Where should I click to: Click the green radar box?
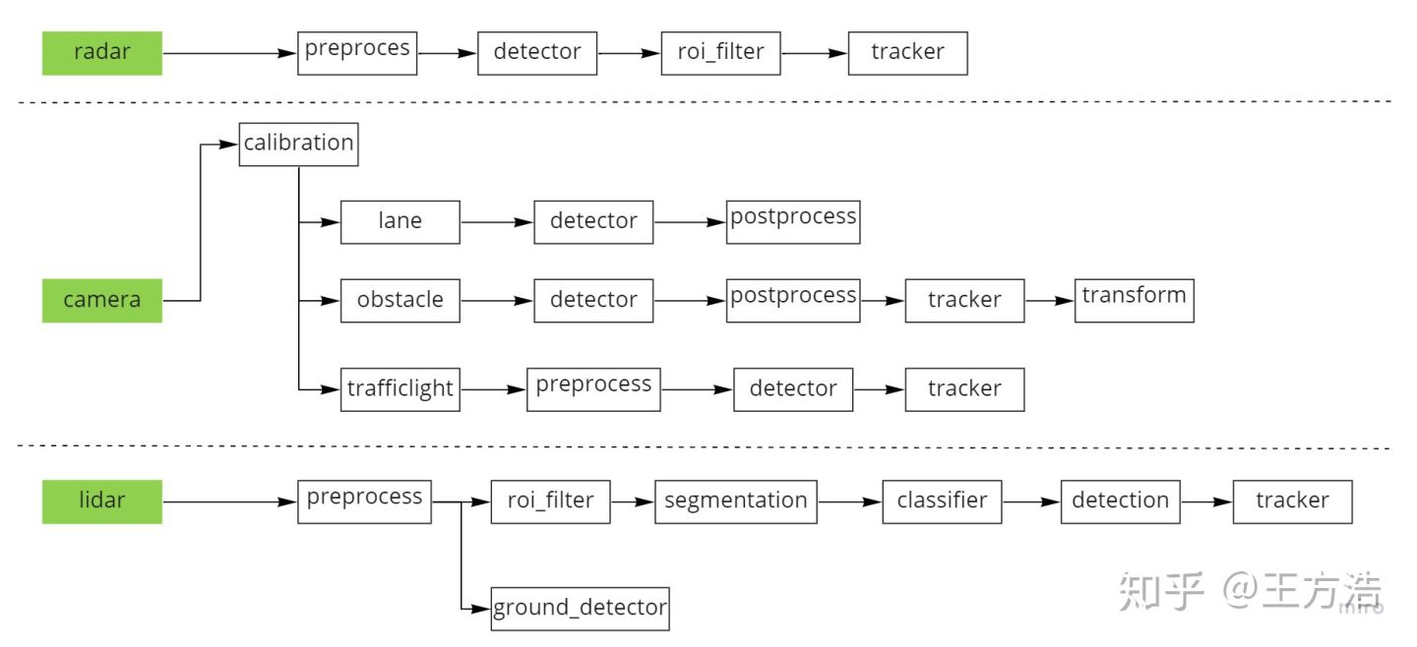pos(101,53)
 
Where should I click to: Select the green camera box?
pos(101,300)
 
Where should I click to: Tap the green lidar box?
pos(101,501)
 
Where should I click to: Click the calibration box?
pos(298,144)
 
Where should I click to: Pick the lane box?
pos(400,222)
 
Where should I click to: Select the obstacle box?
pos(400,300)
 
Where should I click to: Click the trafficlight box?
pos(400,388)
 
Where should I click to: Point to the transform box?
pos(1134,300)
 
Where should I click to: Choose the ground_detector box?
pos(581,609)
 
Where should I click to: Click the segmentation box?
pos(735,501)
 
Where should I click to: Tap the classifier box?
pos(942,501)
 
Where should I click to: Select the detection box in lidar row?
pos(1120,501)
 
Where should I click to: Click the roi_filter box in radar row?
pos(720,53)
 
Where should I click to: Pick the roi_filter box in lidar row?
pos(550,501)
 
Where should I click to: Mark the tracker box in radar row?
pos(907,53)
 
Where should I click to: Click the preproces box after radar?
pos(357,53)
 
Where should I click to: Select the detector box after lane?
pos(593,222)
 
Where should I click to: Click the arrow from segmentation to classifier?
pos(849,501)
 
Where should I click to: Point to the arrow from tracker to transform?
pos(1049,300)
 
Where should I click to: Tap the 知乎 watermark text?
pos(1160,593)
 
